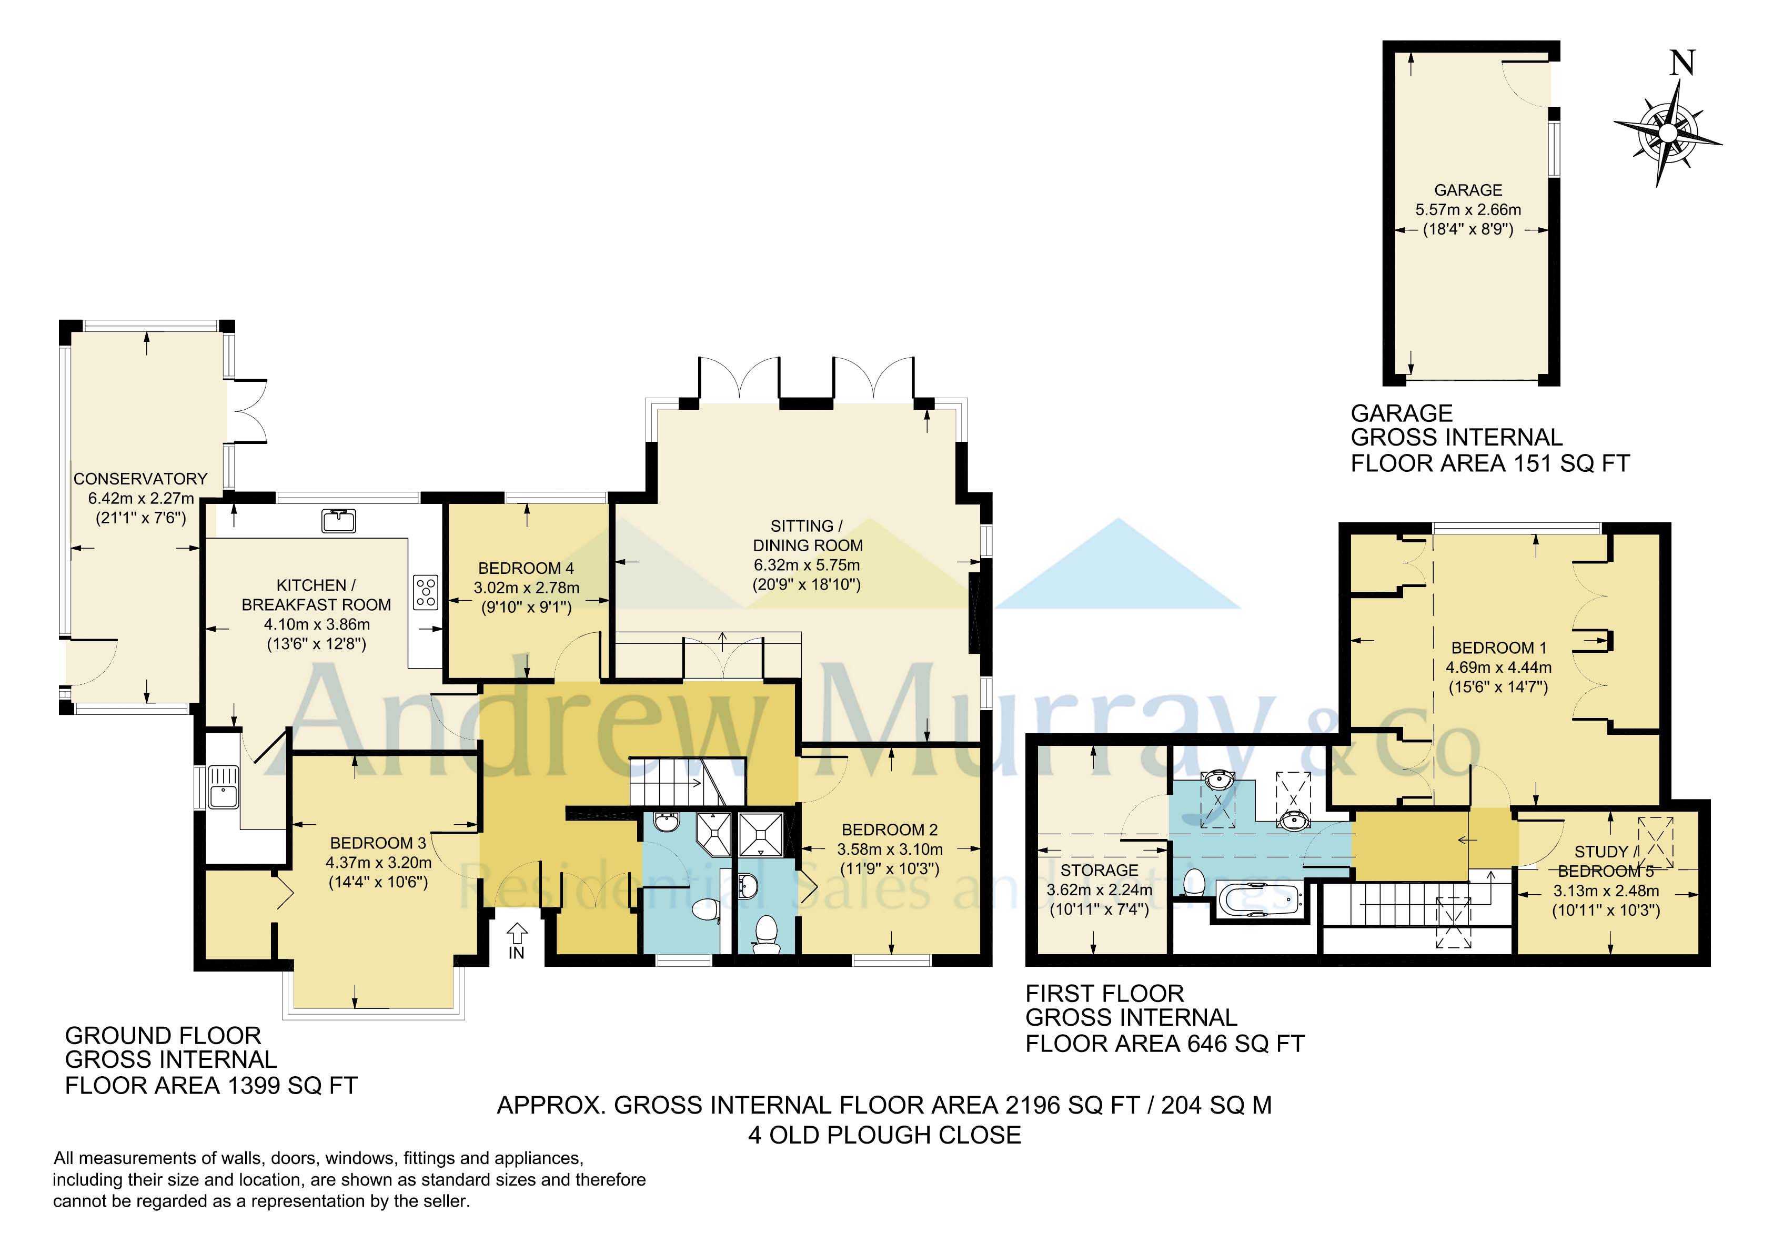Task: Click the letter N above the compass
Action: tap(1682, 63)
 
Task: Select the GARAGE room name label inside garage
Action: tap(1468, 190)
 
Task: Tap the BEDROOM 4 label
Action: tap(526, 568)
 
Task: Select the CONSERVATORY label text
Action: tap(140, 479)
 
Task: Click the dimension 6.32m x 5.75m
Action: tap(807, 564)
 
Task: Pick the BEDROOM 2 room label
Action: tap(890, 830)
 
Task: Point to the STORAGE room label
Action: tap(1099, 870)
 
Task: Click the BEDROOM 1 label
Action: tap(1498, 648)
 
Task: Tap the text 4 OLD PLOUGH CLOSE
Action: tap(884, 1135)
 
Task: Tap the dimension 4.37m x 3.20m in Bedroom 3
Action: tap(378, 863)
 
